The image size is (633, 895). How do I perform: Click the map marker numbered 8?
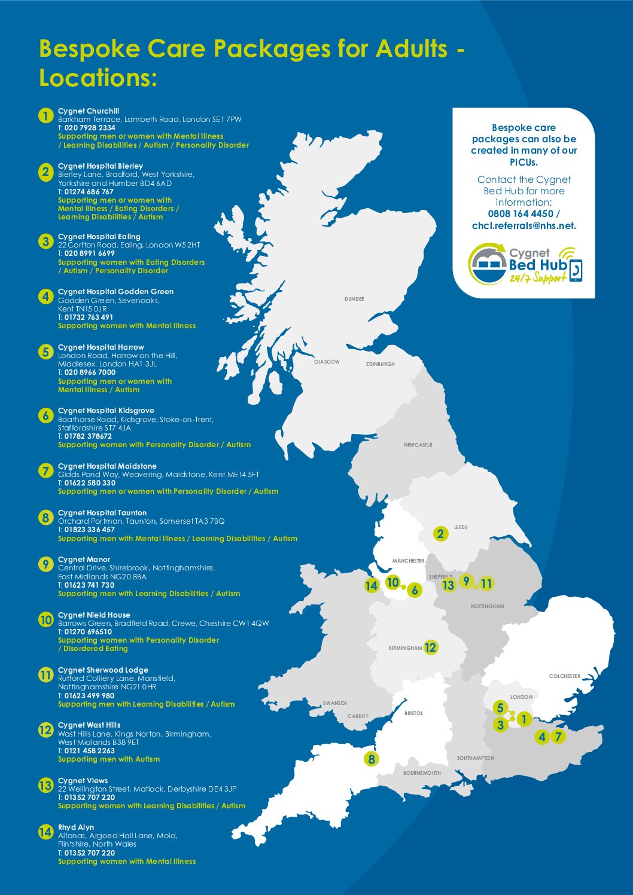tap(372, 759)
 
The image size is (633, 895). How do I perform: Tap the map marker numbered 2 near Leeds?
tap(441, 533)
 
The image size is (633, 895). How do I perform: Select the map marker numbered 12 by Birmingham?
tap(430, 647)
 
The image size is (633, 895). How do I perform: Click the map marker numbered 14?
tap(372, 585)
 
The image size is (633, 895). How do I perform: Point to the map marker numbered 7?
tap(558, 737)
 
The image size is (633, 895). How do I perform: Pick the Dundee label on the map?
tap(354, 299)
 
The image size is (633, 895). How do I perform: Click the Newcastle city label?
tap(418, 445)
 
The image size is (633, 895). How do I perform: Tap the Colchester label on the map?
tap(564, 676)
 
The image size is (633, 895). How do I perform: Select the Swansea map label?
tap(335, 703)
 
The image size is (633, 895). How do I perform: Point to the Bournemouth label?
tap(422, 773)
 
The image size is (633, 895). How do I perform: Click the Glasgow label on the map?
tap(327, 362)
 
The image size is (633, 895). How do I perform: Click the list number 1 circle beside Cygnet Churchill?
tap(46, 115)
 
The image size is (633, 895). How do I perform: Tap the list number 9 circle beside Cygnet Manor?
tap(46, 564)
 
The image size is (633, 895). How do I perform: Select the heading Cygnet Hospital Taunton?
tap(102, 513)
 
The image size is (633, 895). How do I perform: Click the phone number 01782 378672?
tap(88, 436)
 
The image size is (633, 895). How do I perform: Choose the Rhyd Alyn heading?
tap(76, 827)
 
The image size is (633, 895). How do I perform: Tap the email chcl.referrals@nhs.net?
tap(524, 225)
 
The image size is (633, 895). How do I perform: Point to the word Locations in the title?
tap(98, 78)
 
